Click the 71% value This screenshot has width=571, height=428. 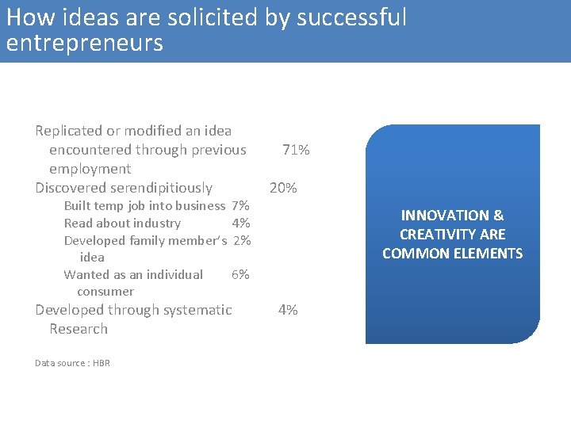pos(296,150)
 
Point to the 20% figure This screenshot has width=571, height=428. pos(283,188)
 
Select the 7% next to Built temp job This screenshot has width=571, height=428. pos(240,206)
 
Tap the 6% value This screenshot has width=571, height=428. pos(240,274)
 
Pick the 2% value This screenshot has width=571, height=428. pos(242,240)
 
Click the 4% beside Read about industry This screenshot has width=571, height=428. pos(241,224)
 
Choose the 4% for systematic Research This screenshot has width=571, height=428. pos(288,310)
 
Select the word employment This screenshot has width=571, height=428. pos(90,169)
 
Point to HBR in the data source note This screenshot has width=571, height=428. pos(102,363)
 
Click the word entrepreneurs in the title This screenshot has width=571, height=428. pos(84,43)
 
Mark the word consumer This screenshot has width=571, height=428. pos(105,292)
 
